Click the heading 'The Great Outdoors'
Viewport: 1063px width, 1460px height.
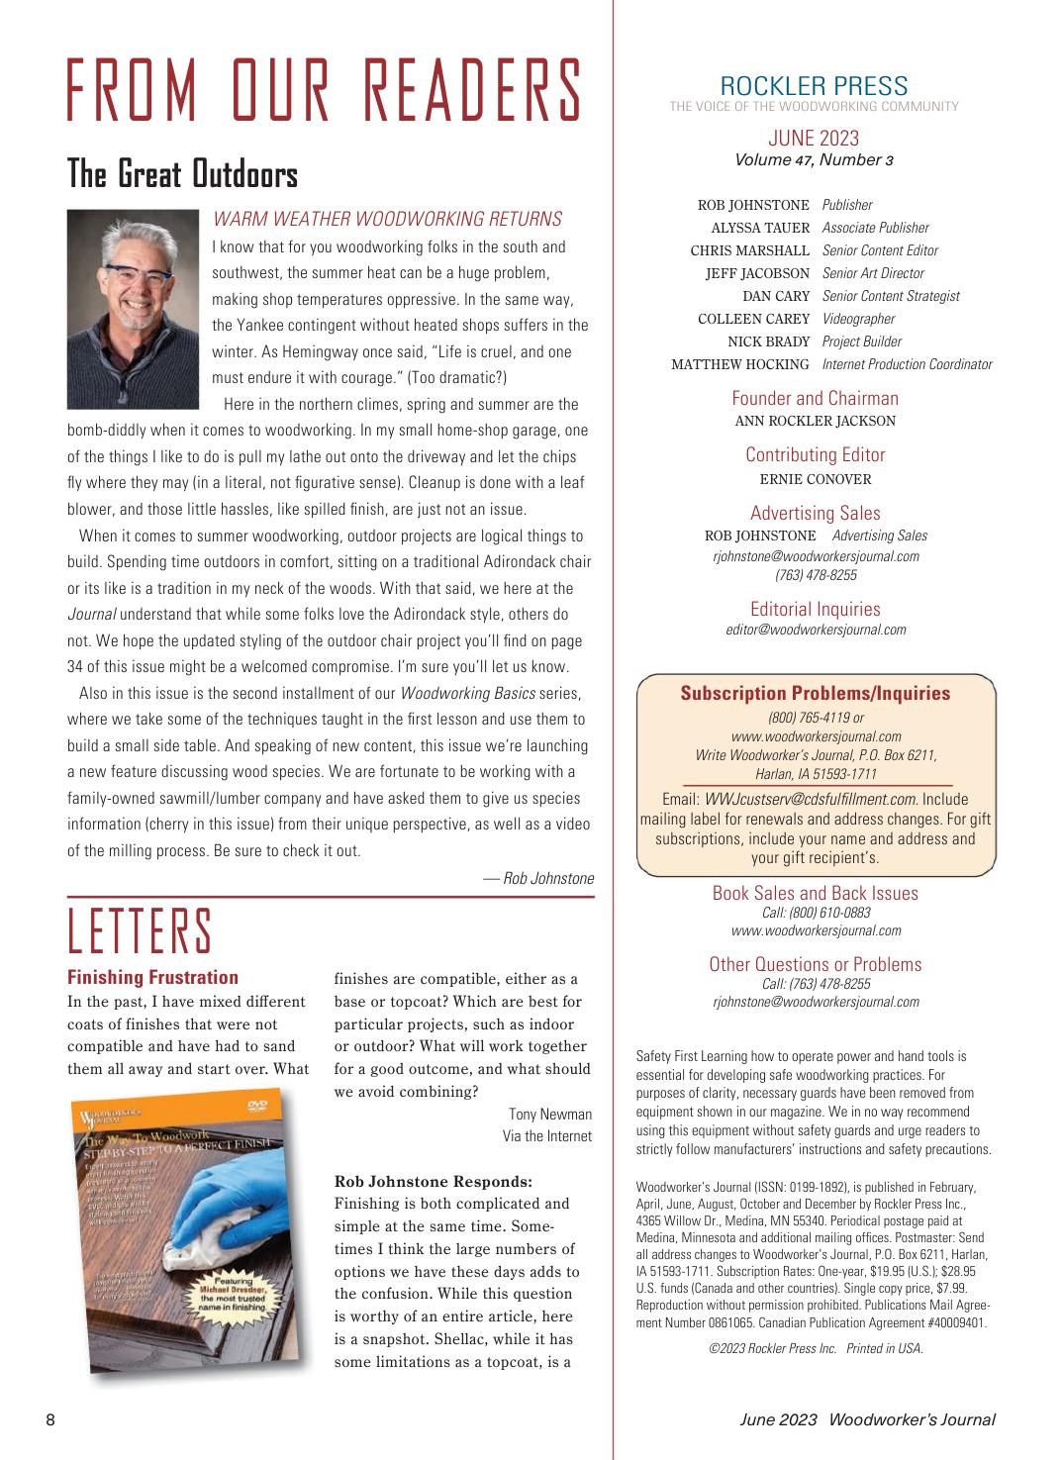click(182, 174)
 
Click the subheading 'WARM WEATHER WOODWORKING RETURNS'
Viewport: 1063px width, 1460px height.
click(387, 219)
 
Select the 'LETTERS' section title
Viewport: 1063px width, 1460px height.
click(140, 932)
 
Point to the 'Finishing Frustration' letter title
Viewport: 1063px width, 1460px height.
click(152, 977)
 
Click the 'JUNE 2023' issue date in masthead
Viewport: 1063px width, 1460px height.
click(814, 138)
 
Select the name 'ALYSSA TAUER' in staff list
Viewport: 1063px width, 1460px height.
click(760, 228)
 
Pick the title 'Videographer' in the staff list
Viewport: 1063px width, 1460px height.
click(858, 319)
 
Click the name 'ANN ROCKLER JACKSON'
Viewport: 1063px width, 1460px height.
click(815, 421)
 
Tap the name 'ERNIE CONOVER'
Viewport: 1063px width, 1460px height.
click(815, 479)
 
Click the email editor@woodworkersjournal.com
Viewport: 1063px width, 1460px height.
click(816, 630)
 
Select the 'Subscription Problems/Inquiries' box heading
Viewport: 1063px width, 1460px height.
click(815, 693)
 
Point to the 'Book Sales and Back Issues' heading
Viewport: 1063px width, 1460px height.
click(815, 893)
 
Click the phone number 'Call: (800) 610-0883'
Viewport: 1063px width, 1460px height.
click(816, 913)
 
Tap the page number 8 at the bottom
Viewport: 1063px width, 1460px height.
click(49, 1419)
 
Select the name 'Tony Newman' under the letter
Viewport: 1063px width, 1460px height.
click(549, 1115)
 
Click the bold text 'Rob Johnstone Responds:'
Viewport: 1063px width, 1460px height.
click(434, 1181)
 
